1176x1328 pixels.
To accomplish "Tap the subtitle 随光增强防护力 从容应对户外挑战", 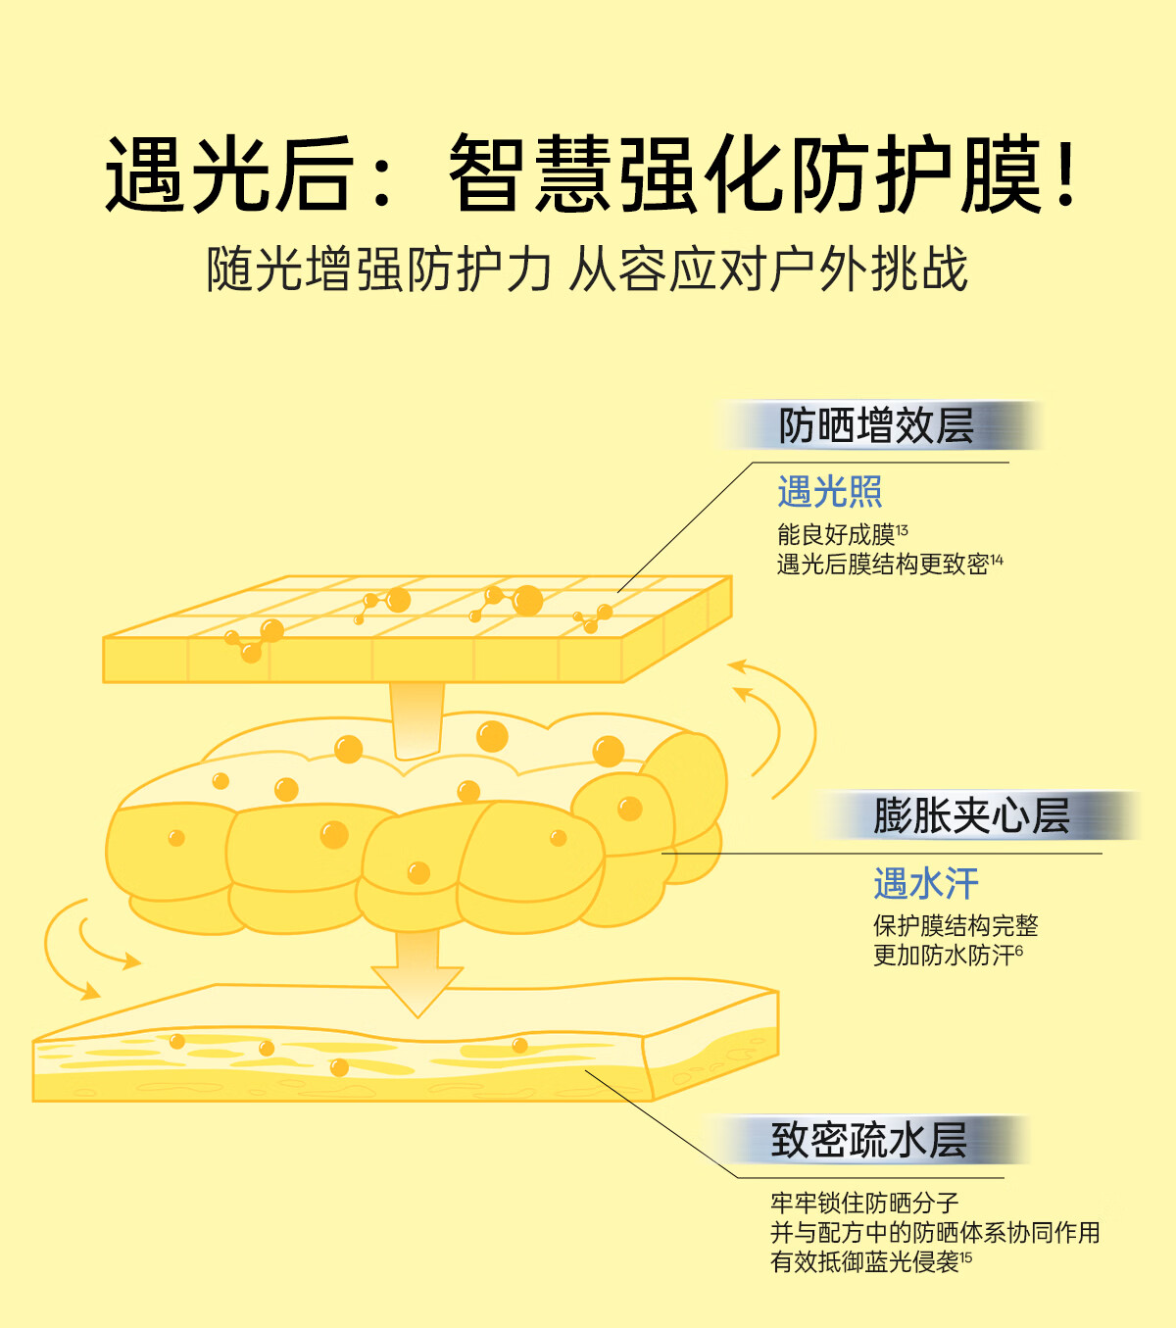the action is point(587,269).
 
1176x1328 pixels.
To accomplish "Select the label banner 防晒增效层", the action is point(876,425).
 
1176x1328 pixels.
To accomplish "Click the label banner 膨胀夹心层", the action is point(972,816).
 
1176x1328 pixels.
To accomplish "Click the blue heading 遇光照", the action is point(830,491).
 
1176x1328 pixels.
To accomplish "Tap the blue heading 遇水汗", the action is point(925,883).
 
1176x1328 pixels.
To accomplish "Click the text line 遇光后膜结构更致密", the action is point(883,565).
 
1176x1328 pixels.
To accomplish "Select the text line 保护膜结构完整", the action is point(955,926).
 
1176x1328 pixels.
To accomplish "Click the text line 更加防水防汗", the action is point(944,956).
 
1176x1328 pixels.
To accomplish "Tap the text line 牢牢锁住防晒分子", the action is point(864,1204).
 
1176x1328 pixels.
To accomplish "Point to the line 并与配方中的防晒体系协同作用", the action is point(936,1233).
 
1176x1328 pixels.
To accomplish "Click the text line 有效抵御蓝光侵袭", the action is point(864,1262).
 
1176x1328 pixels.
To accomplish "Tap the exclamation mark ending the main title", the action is point(1066,172).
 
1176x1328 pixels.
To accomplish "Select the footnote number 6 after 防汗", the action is point(1019,949).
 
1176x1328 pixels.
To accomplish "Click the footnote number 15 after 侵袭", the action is point(965,1255).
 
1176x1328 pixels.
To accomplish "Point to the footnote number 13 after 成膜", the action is point(902,528).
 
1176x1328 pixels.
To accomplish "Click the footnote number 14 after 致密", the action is point(997,559).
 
